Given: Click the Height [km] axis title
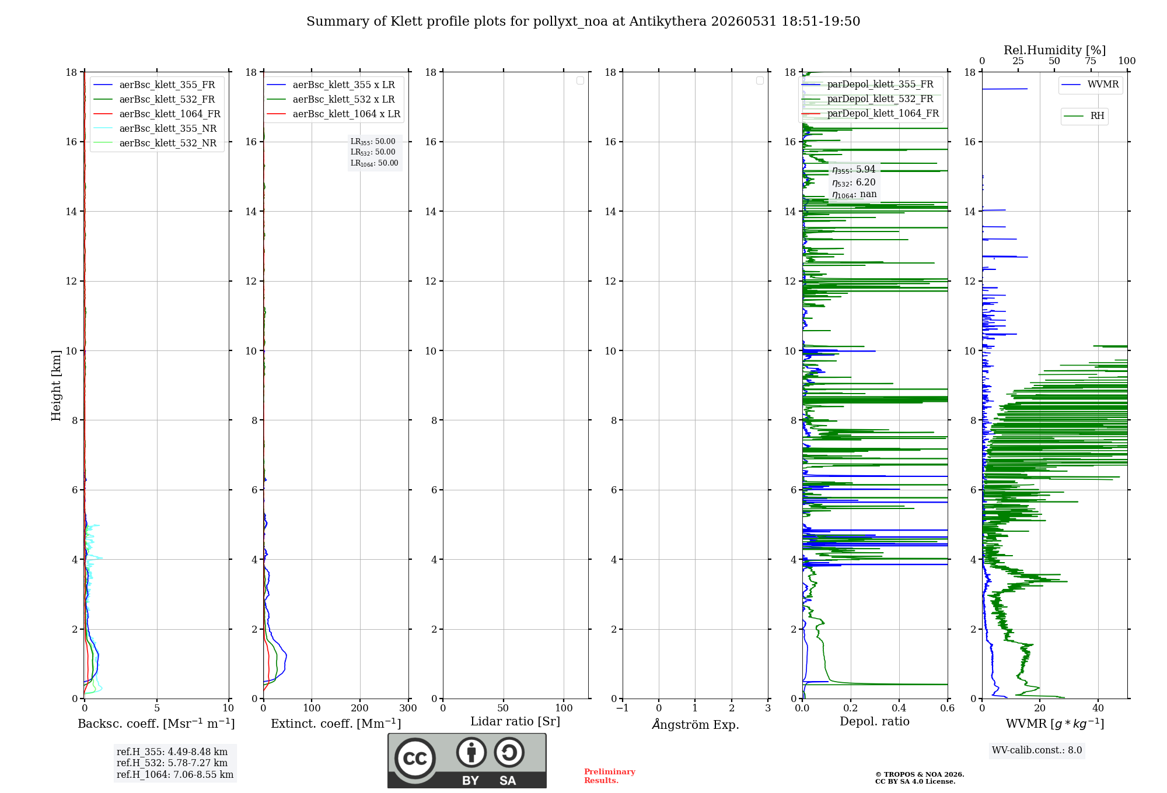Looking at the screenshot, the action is click(56, 385).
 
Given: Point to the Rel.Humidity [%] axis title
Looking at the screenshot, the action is click(1054, 50).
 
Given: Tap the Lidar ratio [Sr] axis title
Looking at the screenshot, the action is click(515, 721).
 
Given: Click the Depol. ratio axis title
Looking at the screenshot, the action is click(874, 721).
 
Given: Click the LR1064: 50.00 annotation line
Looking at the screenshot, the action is click(374, 163).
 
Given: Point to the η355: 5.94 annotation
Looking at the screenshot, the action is click(854, 170).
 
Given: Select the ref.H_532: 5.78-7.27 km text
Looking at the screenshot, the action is click(172, 763).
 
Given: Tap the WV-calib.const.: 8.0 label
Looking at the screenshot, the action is click(1037, 750).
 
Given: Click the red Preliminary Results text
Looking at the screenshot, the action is click(610, 776).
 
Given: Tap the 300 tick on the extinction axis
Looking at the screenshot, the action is click(408, 708).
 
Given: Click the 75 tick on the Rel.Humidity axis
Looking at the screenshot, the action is click(1091, 61).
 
